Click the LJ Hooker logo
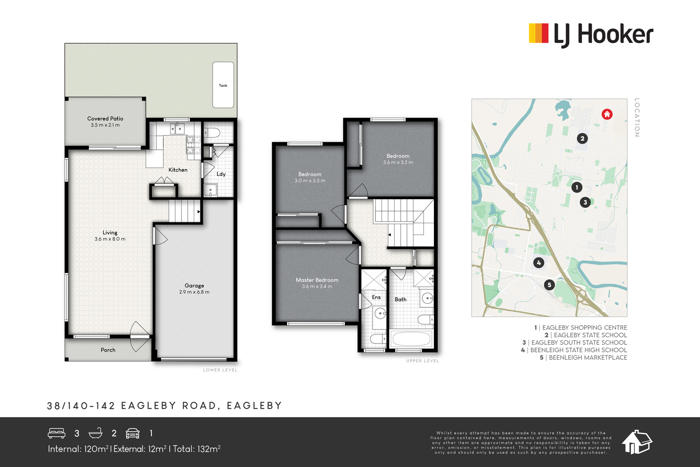tap(591, 35)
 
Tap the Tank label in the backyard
tap(223, 85)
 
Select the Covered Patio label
tap(105, 119)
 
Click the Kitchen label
tap(178, 170)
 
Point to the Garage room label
tap(194, 285)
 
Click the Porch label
tap(108, 350)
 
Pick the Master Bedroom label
tap(317, 280)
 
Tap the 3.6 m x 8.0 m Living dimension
tap(110, 239)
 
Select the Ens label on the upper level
tap(376, 297)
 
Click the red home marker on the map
tap(607, 114)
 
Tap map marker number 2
tap(582, 138)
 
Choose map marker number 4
tap(539, 263)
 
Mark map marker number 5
tap(549, 285)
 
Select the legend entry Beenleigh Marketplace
tap(584, 357)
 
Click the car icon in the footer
tap(133, 433)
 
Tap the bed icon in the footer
tap(56, 433)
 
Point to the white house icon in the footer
tap(637, 442)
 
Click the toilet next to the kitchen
tap(213, 133)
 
